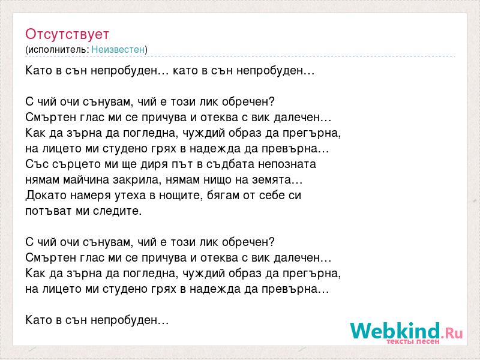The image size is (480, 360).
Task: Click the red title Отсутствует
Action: pyautogui.click(x=67, y=34)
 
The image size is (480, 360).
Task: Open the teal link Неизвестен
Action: pyautogui.click(x=118, y=49)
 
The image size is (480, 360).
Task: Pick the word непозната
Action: pyautogui.click(x=287, y=164)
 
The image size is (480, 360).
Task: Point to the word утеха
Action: pyautogui.click(x=130, y=196)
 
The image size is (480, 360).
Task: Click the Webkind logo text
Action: pyautogui.click(x=395, y=331)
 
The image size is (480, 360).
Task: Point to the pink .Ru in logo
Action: pyautogui.click(x=452, y=333)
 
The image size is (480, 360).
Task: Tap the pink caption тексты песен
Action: pyautogui.click(x=413, y=341)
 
